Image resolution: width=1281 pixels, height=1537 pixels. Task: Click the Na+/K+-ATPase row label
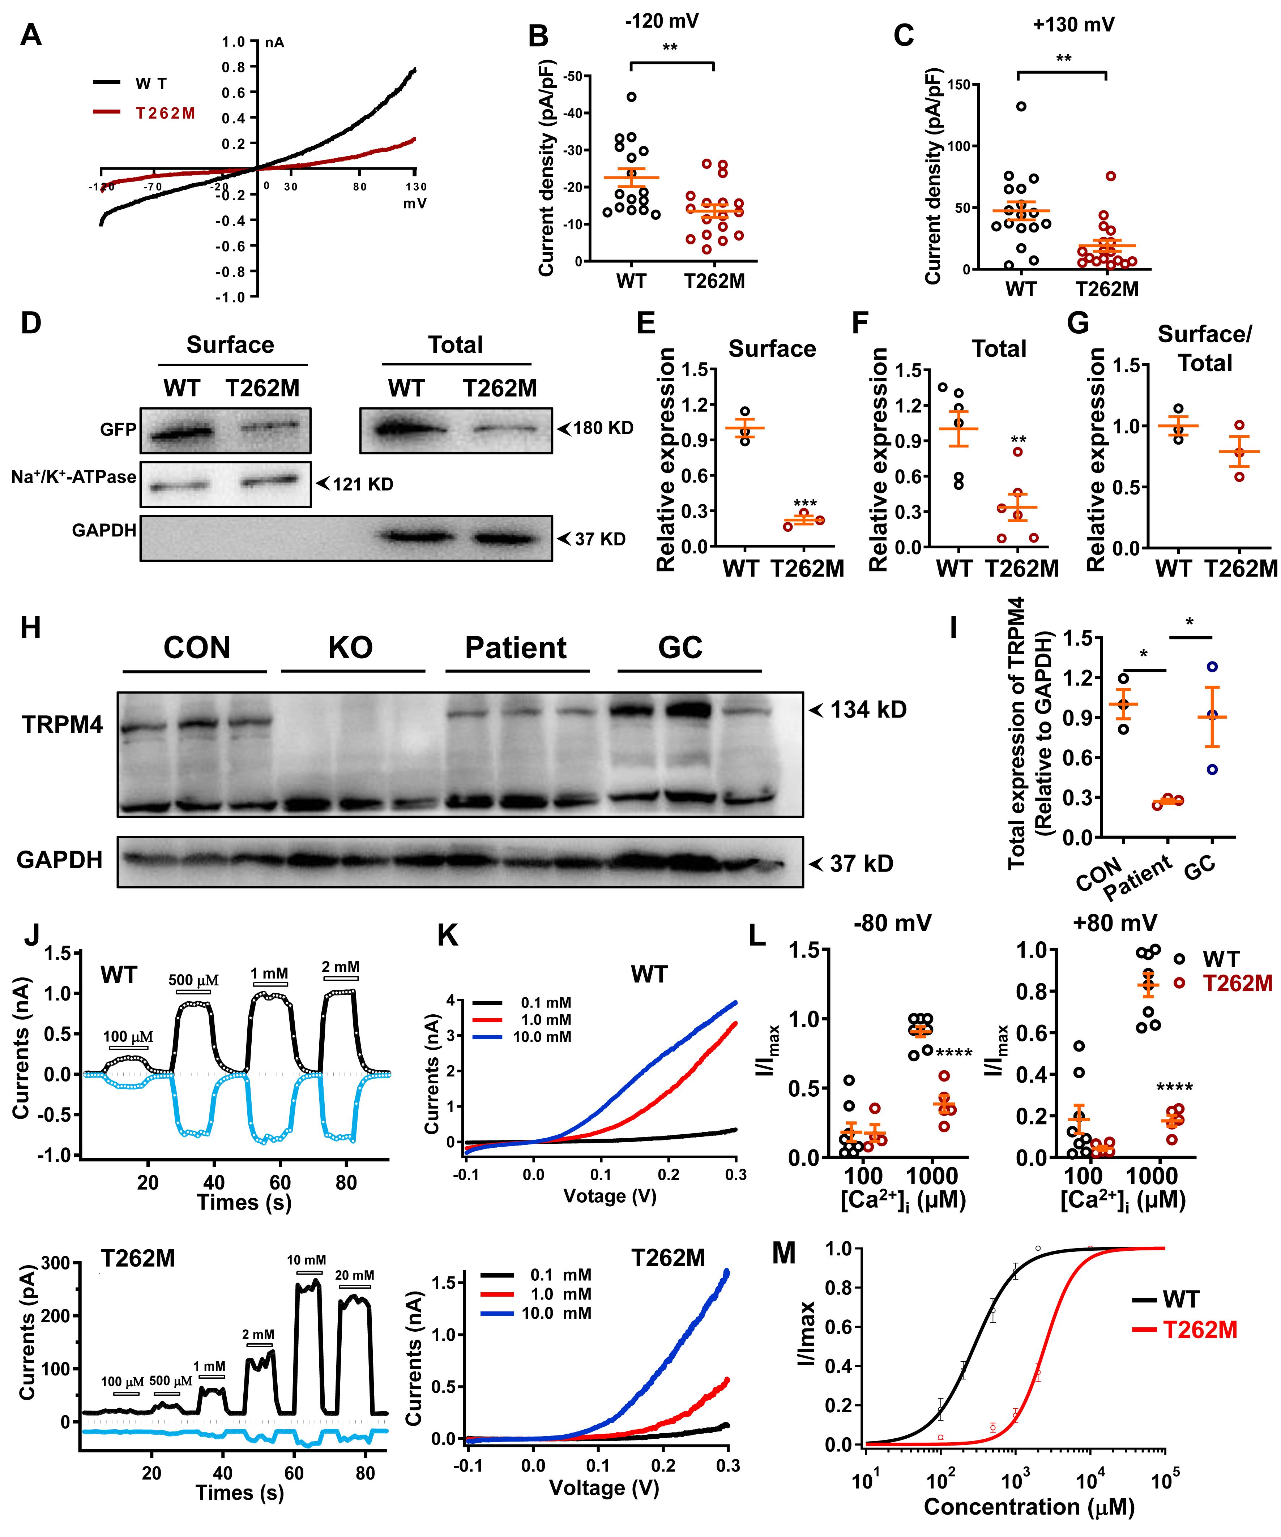(x=73, y=477)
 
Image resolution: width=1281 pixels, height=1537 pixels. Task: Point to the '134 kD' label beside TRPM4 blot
(x=867, y=709)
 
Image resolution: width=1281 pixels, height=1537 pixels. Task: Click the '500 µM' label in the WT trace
(x=193, y=980)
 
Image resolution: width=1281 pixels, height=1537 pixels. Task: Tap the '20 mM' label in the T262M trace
(x=354, y=1276)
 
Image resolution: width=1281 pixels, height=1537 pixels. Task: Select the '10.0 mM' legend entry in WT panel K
(x=542, y=1036)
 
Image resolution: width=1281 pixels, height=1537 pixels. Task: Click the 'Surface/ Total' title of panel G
(x=1205, y=348)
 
